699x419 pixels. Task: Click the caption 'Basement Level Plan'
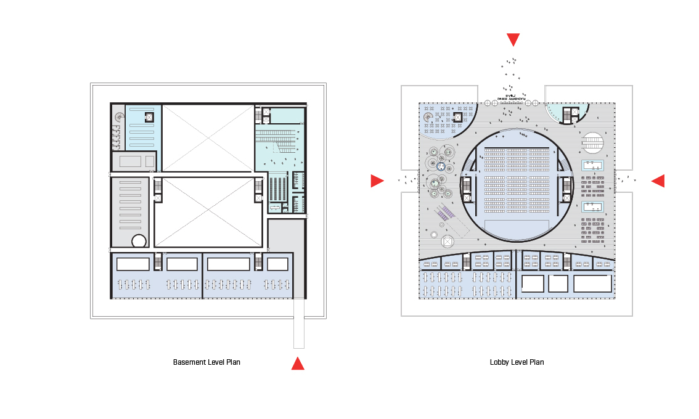tap(206, 362)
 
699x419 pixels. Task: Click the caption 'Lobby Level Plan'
tap(517, 362)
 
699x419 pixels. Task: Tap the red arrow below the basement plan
tap(298, 364)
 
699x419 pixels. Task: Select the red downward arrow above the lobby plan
tap(513, 40)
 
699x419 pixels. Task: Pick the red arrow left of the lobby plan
tap(377, 181)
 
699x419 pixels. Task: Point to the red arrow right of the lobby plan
tap(658, 181)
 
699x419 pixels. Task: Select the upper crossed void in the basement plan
tap(208, 137)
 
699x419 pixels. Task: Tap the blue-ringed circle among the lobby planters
tap(441, 165)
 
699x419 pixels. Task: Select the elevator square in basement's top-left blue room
tap(149, 116)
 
